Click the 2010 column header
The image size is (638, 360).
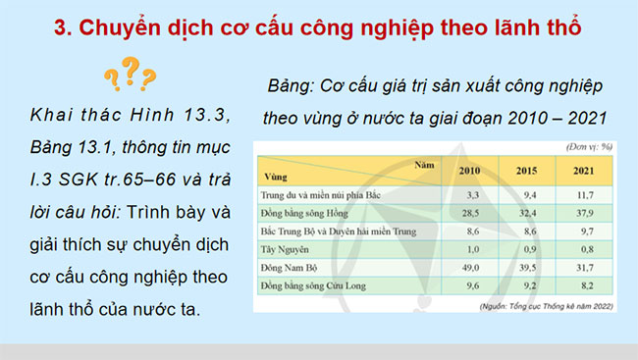(470, 172)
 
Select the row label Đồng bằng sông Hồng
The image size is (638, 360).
(306, 212)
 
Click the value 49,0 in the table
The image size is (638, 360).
(470, 268)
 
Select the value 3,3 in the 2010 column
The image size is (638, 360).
(470, 193)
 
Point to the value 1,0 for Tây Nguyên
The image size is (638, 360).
(470, 249)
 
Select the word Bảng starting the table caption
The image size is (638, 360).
(292, 85)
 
